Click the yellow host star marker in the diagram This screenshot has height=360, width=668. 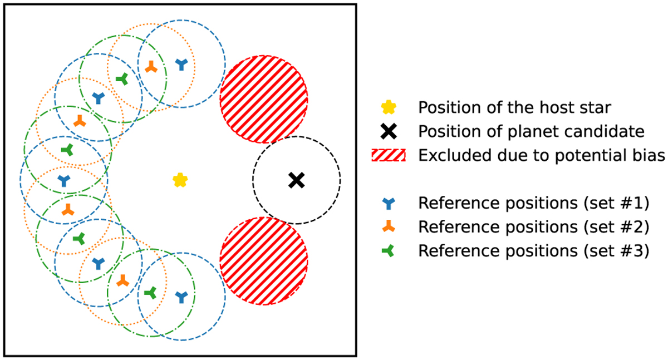[x=180, y=180]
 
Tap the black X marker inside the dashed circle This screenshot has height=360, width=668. [x=296, y=180]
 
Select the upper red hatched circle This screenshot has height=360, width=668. [x=264, y=99]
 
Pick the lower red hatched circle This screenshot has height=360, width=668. [x=264, y=260]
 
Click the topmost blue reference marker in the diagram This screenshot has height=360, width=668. [x=181, y=64]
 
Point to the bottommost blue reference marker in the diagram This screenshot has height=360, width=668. [x=181, y=297]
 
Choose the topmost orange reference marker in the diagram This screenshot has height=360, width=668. [x=150, y=67]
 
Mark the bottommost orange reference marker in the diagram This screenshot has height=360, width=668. [x=122, y=280]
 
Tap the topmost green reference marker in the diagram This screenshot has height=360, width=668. [x=122, y=80]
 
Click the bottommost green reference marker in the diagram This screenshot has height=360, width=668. [x=150, y=292]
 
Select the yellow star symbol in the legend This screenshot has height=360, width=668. [x=388, y=107]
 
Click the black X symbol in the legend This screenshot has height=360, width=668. [x=388, y=132]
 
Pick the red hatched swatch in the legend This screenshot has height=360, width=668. [x=388, y=156]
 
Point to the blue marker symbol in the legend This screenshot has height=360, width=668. [x=388, y=204]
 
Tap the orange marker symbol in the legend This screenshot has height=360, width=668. [x=388, y=228]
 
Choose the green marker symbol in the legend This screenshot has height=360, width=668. [x=388, y=251]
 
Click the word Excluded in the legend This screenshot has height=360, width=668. [x=446, y=156]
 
